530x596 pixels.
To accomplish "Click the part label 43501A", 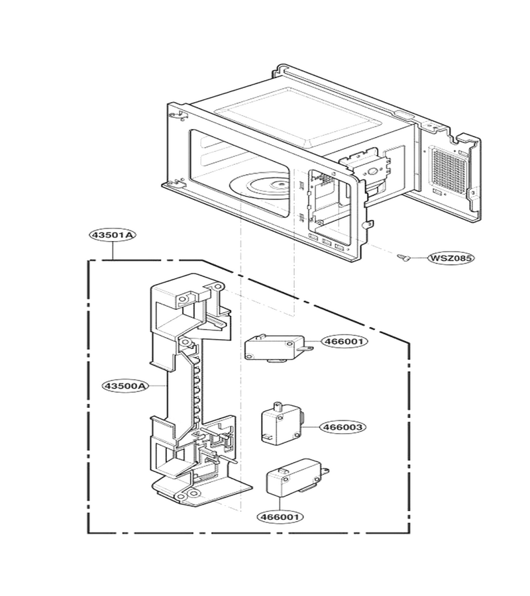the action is point(113,235).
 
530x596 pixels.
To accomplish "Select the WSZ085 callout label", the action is point(451,258).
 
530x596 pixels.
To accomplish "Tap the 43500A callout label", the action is point(125,386).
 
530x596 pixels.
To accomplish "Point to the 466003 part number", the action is point(343,427).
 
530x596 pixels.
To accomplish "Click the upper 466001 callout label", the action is point(344,341).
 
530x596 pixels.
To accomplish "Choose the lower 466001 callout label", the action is point(281,517).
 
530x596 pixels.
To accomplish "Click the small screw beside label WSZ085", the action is point(403,258).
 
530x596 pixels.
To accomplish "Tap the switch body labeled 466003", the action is point(282,422).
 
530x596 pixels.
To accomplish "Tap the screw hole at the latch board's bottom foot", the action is point(194,494).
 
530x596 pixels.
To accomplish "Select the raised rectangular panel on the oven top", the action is point(297,117).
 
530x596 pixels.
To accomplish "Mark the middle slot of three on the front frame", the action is point(327,242).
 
